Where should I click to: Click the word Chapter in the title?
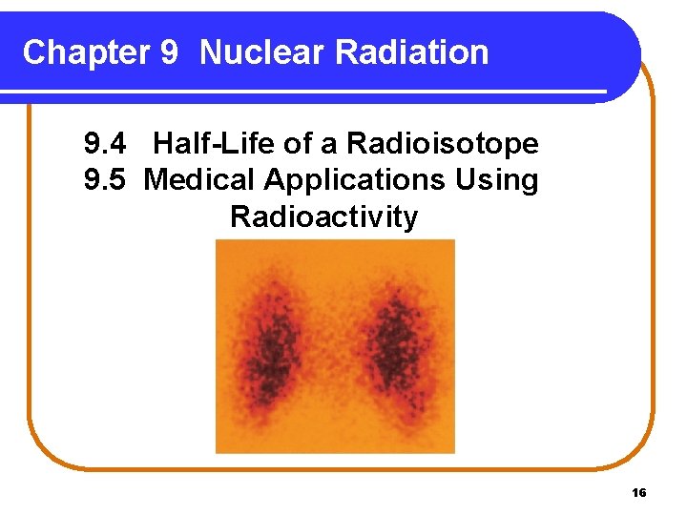pyautogui.click(x=83, y=52)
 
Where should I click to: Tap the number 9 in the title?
pyautogui.click(x=168, y=52)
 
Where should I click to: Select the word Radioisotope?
pyautogui.click(x=443, y=145)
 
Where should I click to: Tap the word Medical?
pyautogui.click(x=200, y=179)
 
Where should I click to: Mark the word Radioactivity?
pyautogui.click(x=323, y=217)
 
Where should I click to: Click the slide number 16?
pyautogui.click(x=639, y=492)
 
